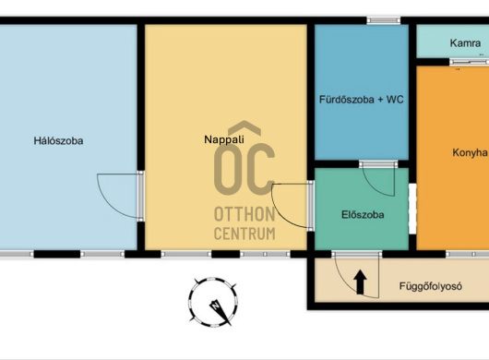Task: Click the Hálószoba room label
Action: point(58,141)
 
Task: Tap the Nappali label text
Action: point(224,139)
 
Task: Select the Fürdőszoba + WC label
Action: point(362,100)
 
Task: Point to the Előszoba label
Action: point(363,215)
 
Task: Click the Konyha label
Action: point(470,152)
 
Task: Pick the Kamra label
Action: point(465,43)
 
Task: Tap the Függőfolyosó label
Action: point(431,286)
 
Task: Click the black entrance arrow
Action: point(360,282)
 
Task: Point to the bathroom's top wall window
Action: point(383,20)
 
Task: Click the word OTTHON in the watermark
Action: point(244,214)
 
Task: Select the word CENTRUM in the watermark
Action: point(244,234)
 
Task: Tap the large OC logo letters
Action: point(244,169)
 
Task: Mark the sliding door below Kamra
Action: point(469,62)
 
